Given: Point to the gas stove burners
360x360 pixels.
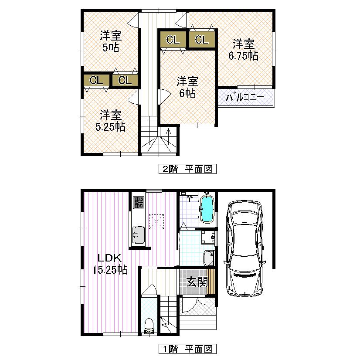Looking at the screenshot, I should (x=139, y=203).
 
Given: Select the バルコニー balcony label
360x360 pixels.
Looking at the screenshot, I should (x=245, y=98).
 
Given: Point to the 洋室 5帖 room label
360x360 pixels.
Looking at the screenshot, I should (x=111, y=41).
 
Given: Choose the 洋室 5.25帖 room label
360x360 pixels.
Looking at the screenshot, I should (x=111, y=121).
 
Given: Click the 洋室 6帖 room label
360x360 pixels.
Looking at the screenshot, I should (x=187, y=87).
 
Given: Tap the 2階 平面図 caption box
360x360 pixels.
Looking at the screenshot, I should (x=187, y=169).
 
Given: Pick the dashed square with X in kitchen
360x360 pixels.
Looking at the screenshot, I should (x=156, y=221).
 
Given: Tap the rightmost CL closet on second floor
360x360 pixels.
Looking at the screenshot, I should (x=201, y=40).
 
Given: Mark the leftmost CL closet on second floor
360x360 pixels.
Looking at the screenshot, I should (x=96, y=80).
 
